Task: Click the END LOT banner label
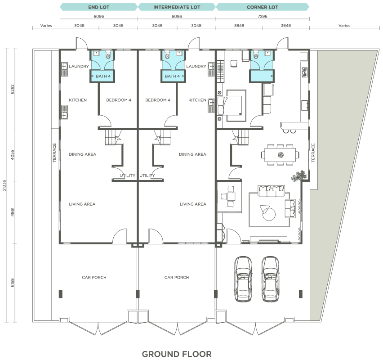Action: (99, 7)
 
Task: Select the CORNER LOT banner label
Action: (263, 7)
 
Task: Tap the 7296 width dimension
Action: (263, 16)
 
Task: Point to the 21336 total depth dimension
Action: (4, 185)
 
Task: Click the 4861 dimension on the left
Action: (13, 212)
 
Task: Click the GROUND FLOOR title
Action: (177, 354)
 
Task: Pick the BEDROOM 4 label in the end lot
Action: (119, 100)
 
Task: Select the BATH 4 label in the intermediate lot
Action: (172, 76)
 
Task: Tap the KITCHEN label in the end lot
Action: (78, 100)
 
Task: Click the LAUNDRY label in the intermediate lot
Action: (196, 66)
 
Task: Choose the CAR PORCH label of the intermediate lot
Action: (177, 277)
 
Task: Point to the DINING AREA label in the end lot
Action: (83, 154)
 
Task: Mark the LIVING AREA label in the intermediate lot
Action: (193, 204)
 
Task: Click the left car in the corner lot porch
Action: (243, 279)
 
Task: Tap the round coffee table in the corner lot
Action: (269, 213)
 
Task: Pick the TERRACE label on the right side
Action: (313, 153)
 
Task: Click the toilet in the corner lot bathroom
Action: (256, 55)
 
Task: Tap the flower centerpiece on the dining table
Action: (281, 155)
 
